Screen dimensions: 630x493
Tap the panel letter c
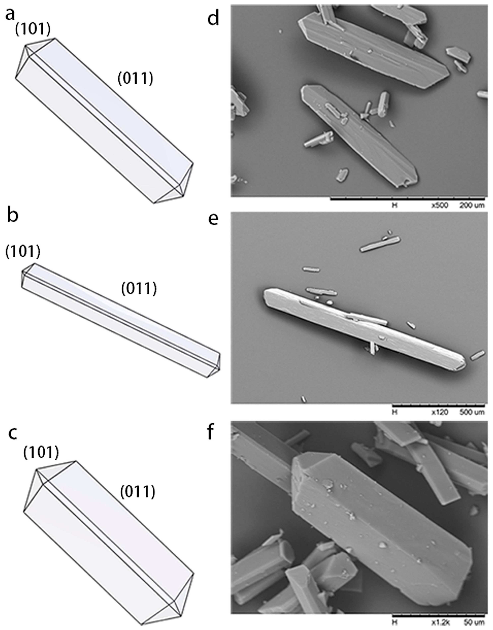pyautogui.click(x=12, y=433)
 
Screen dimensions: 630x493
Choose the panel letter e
pyautogui.click(x=213, y=220)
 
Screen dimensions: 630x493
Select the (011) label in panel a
pyautogui.click(x=135, y=78)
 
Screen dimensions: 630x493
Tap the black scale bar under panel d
pyautogui.click(x=407, y=199)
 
